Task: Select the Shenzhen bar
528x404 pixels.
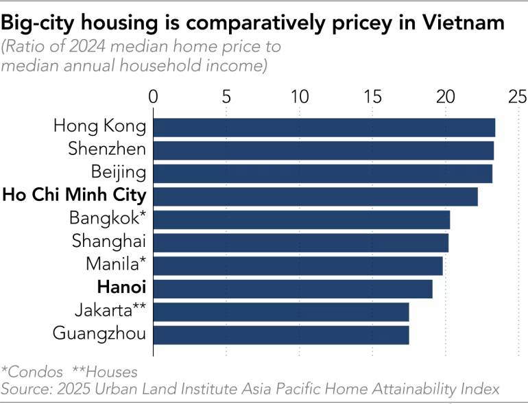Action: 323,150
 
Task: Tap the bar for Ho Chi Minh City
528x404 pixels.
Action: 315,196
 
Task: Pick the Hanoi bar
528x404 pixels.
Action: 292,289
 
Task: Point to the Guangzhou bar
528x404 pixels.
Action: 280,335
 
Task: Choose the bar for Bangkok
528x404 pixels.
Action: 301,219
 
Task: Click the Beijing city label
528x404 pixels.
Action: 119,172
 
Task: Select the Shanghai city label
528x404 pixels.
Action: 109,241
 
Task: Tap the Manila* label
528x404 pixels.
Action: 116,264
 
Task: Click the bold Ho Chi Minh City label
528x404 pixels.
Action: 74,195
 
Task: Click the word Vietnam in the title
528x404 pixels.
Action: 465,23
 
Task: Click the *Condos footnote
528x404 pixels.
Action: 29,372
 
